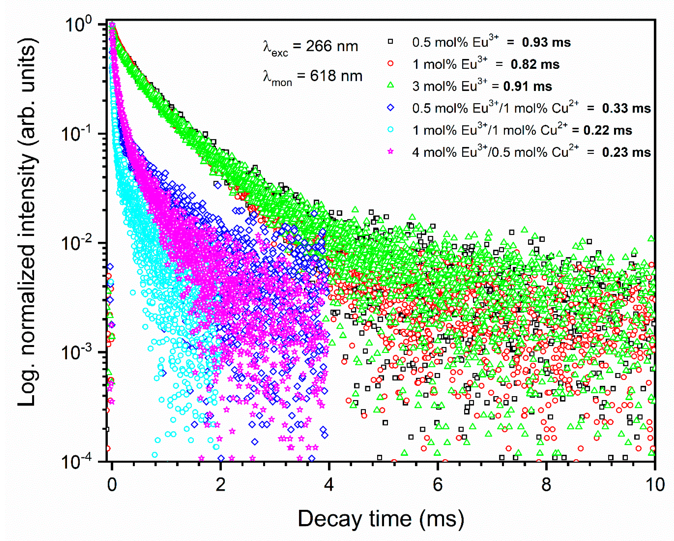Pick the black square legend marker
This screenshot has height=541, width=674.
(390, 42)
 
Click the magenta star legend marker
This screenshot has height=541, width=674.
(390, 152)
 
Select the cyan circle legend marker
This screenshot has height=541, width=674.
(390, 130)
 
